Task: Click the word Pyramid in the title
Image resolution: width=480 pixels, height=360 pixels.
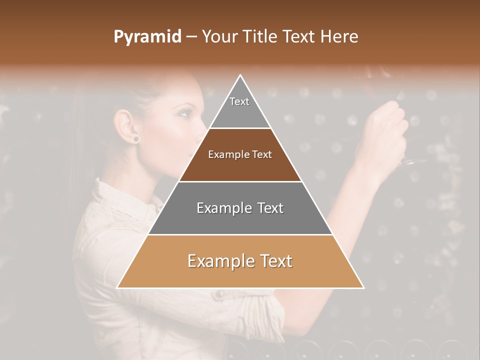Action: [x=147, y=37]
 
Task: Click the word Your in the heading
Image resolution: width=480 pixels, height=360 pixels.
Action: [x=220, y=37]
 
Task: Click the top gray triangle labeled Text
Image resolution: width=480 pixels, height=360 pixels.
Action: [x=239, y=107]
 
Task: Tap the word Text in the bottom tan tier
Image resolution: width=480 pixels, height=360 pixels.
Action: [x=274, y=261]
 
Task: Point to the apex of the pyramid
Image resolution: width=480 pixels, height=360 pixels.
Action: [x=240, y=76]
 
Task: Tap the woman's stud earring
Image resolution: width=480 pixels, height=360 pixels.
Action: [x=135, y=138]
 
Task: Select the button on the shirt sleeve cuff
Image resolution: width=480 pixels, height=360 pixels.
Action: [x=219, y=295]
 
